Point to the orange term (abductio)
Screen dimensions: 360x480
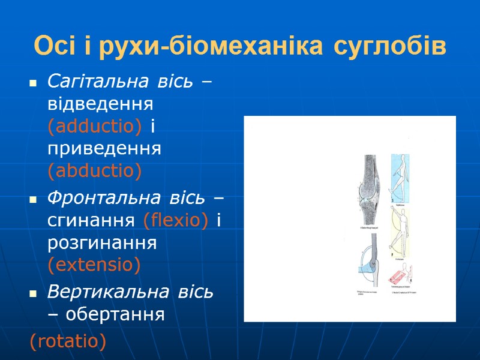pos(95,172)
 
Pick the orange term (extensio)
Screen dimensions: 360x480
pos(94,265)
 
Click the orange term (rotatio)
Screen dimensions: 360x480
pos(68,341)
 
